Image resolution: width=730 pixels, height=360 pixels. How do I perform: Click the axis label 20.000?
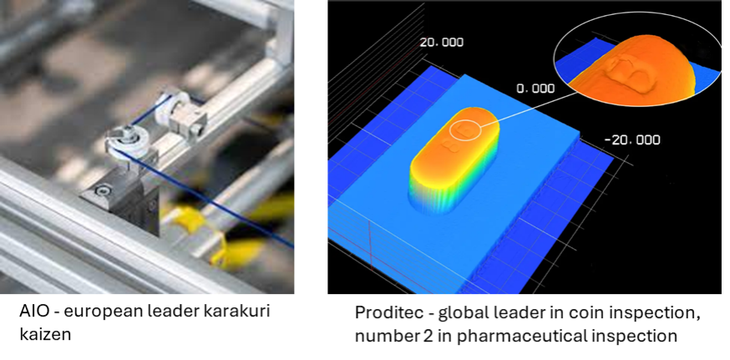(x=441, y=43)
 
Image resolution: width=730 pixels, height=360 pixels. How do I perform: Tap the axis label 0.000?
(x=535, y=88)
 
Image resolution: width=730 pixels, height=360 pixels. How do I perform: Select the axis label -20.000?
(x=631, y=139)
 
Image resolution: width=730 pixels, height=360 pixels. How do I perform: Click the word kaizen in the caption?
(x=45, y=333)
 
